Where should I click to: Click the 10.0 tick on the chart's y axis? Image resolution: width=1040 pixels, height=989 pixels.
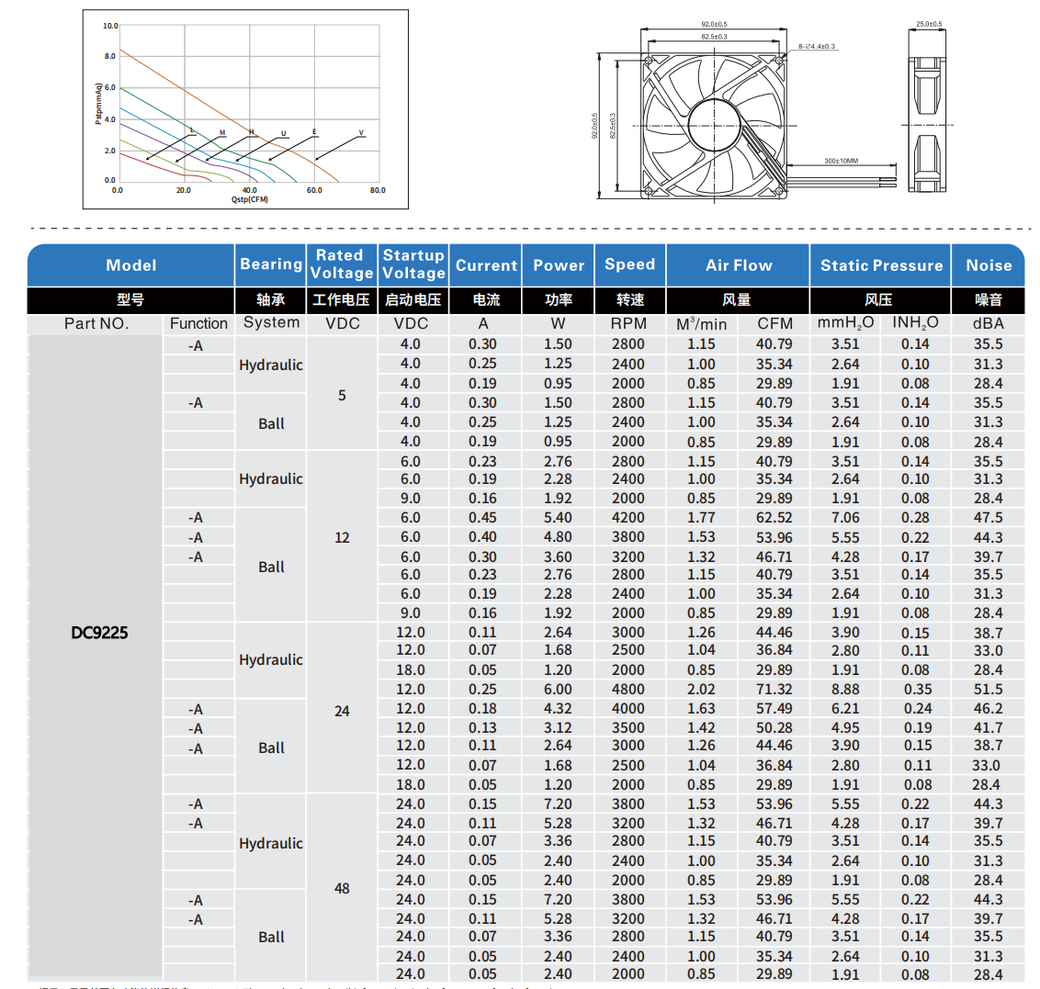pos(110,26)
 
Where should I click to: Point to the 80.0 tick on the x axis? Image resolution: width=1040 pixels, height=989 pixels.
pos(378,191)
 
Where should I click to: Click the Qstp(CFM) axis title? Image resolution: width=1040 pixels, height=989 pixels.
pos(250,199)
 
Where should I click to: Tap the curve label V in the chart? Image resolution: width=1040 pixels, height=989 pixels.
pos(361,133)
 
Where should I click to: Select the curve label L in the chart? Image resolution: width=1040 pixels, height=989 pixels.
pos(192,130)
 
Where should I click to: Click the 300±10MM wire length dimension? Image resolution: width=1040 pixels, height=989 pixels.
pos(841,161)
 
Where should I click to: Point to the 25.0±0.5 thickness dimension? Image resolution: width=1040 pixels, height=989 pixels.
pos(929,24)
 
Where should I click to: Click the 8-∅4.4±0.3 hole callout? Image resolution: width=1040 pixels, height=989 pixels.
pos(817,46)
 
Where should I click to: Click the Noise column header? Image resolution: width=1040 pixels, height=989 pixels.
pos(989,265)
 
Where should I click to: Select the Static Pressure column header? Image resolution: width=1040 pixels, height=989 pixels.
pos(881,265)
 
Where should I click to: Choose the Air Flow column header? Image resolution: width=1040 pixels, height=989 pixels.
pos(739,265)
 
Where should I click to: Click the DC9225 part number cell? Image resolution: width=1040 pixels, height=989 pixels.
pos(99,633)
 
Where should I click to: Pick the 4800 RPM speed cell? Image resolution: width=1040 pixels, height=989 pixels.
pos(628,689)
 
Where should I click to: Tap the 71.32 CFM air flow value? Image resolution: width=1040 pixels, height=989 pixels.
pos(774,689)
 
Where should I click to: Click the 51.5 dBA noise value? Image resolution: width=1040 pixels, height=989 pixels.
pos(989,689)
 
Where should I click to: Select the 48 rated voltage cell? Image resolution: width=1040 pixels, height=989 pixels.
pos(342,888)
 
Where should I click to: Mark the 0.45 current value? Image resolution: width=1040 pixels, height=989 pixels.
pos(483,518)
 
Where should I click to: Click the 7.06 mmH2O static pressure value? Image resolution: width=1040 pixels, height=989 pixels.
pos(845,518)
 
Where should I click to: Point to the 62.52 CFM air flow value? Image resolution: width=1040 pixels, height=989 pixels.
pos(774,518)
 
